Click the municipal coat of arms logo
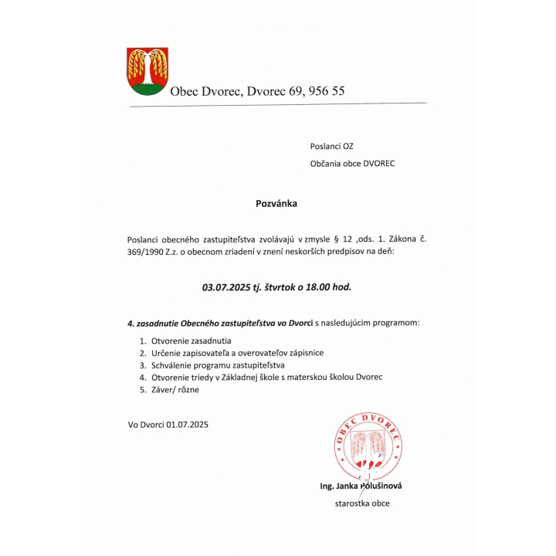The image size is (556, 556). tap(147, 71)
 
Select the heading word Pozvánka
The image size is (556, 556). tap(276, 205)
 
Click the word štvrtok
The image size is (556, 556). tap(286, 286)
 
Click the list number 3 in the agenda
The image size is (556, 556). tap(142, 364)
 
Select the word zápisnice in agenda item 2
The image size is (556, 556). tap(306, 352)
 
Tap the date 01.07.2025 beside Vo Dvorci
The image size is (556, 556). tap(186, 424)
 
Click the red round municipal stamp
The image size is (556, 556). tap(368, 446)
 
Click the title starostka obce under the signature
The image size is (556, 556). tap(361, 503)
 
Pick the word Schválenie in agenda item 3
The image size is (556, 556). tap(171, 364)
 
